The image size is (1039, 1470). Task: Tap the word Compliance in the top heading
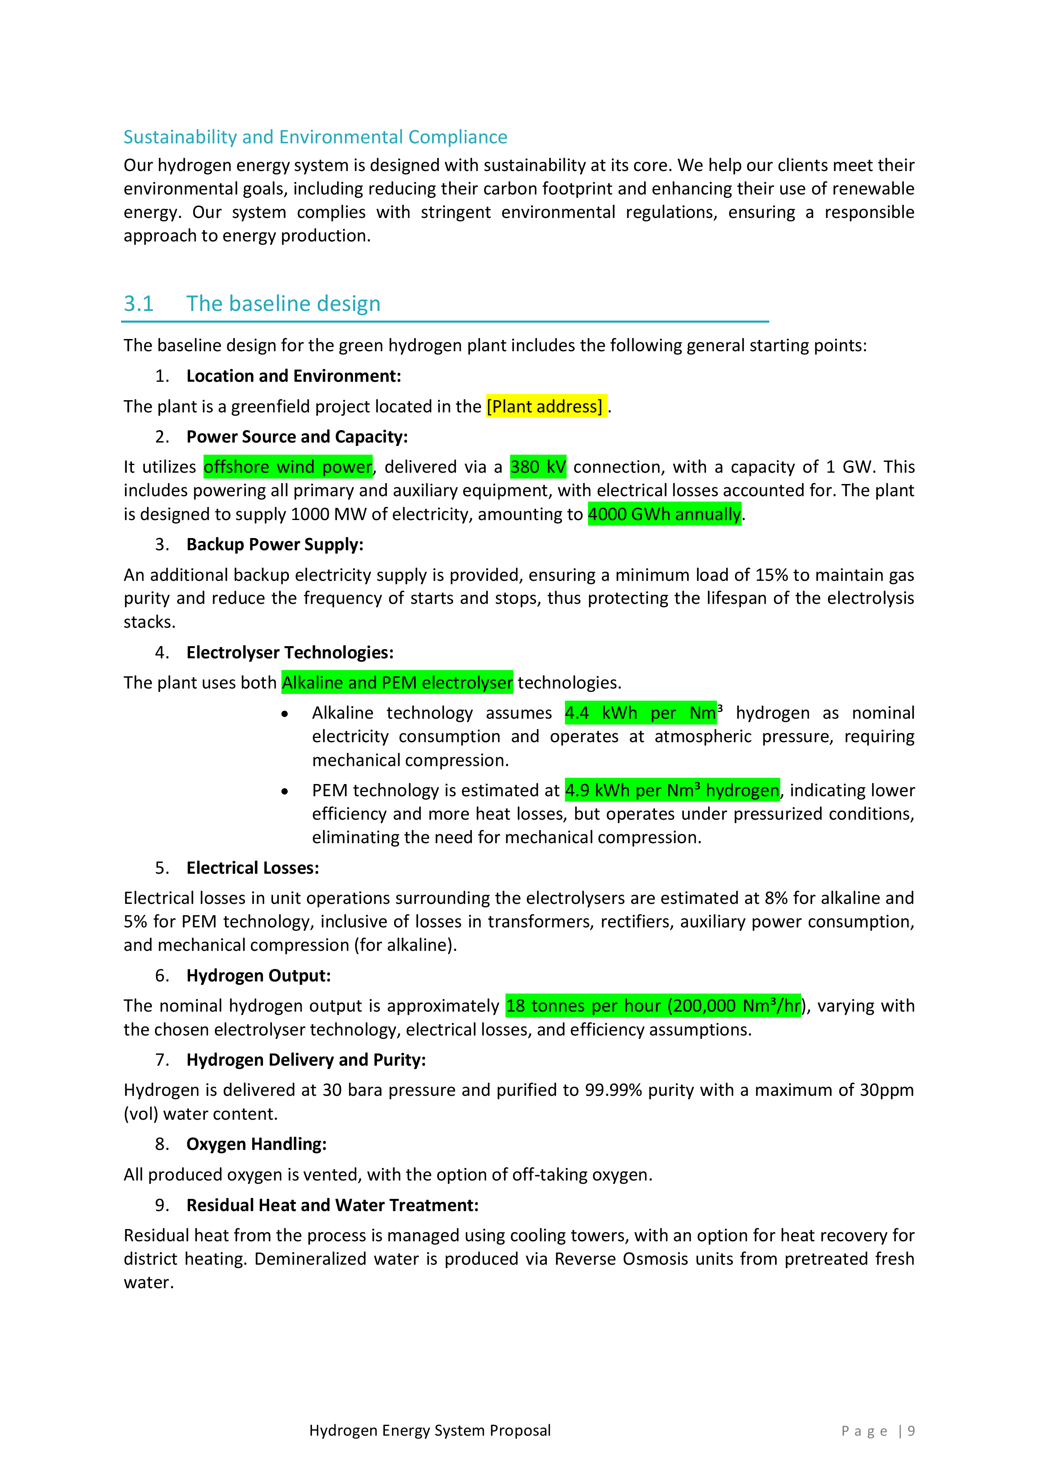tap(457, 137)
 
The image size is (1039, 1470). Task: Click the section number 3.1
tap(138, 303)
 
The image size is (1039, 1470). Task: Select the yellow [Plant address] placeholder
tap(544, 406)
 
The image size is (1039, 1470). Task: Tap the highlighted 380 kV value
tap(537, 467)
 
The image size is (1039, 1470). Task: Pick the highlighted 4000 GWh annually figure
tap(664, 514)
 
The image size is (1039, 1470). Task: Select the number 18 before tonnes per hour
tap(516, 1006)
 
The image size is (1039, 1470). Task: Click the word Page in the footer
tap(864, 1431)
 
